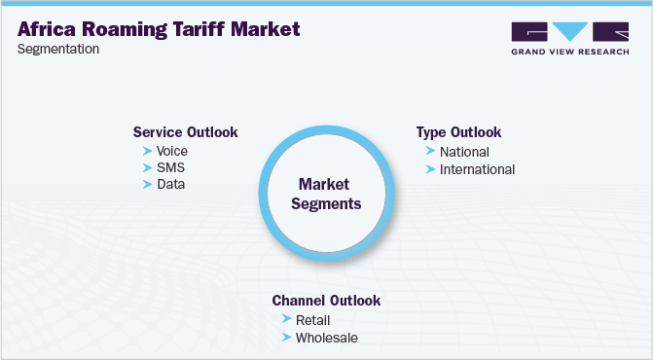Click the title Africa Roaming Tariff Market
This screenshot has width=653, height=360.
[x=159, y=28]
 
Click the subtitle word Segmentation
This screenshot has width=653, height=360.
[x=57, y=50]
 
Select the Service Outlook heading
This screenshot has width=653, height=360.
[x=185, y=132]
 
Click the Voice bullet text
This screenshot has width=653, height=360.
[x=171, y=151]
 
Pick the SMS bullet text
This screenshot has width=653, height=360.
[x=170, y=167]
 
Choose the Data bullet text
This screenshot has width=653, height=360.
[x=170, y=184]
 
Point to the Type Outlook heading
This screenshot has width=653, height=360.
[x=458, y=132]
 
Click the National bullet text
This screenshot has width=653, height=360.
[x=464, y=152]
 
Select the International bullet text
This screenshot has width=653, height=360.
[x=477, y=169]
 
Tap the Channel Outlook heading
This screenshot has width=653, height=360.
[x=326, y=301]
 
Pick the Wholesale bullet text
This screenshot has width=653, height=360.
[x=327, y=338]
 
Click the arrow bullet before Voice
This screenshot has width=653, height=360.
[x=147, y=151]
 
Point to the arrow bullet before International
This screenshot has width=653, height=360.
[x=430, y=169]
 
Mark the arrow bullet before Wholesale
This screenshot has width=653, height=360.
[x=286, y=338]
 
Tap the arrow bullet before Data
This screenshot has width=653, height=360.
[x=147, y=184]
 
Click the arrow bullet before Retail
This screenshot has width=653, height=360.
[x=286, y=320]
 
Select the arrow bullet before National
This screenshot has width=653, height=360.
[x=430, y=152]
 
